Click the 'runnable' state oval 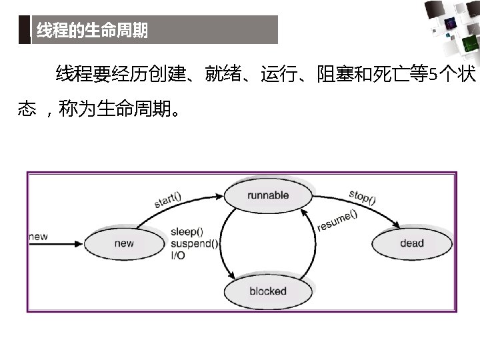pos(268,195)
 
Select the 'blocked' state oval pos(268,291)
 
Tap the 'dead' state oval pos(412,243)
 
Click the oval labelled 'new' pos(124,243)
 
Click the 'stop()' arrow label pos(362,197)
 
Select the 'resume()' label pos(337,221)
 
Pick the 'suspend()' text pos(194,243)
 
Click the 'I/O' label pos(178,255)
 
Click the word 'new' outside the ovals pos(39,236)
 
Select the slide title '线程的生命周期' pos(92,31)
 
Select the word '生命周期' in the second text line pos(133,109)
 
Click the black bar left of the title pos(25,30)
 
